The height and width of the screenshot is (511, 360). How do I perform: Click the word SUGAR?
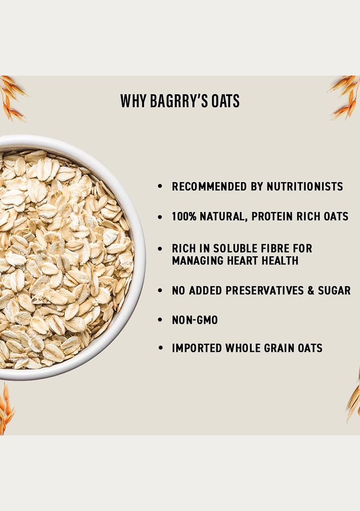(333, 290)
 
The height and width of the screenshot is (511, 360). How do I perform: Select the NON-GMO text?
(194, 320)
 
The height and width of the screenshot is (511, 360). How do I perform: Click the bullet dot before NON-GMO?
(160, 320)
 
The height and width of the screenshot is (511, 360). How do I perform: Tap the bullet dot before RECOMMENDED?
(160, 187)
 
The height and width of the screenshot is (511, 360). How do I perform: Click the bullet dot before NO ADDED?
(160, 291)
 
